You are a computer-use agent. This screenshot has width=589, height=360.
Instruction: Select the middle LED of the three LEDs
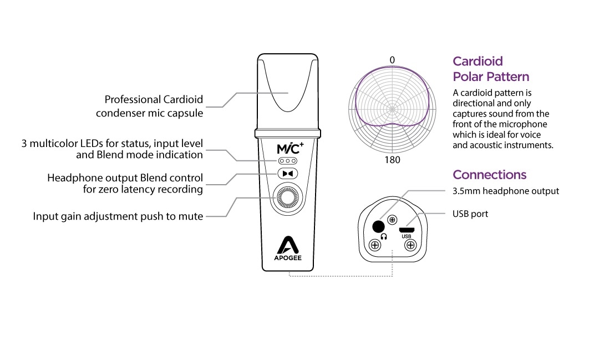tap(288, 161)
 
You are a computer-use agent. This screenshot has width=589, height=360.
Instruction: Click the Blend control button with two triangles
tap(288, 174)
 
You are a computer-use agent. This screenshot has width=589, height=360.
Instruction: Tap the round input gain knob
tap(288, 198)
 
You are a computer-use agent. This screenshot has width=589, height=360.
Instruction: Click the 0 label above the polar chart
tap(392, 60)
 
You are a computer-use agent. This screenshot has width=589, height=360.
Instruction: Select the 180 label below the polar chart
tap(392, 160)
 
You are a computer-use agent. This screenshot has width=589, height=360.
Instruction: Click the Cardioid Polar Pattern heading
tap(491, 69)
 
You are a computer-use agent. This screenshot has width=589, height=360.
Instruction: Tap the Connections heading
tap(489, 175)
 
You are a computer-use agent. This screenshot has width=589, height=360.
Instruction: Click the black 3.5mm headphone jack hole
tap(379, 226)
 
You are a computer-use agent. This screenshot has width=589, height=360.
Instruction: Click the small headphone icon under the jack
tap(382, 236)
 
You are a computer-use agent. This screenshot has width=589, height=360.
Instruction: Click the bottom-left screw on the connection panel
tap(375, 245)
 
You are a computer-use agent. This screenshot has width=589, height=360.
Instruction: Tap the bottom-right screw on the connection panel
tap(411, 245)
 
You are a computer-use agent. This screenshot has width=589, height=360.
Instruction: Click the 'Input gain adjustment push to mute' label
tap(118, 216)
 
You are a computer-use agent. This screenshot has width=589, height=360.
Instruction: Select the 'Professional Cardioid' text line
tap(154, 100)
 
